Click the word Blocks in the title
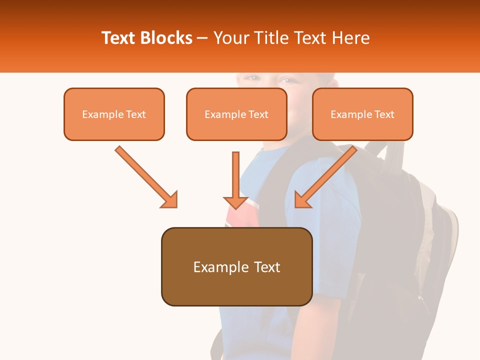point(166,38)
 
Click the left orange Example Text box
point(114,114)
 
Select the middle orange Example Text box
point(236,114)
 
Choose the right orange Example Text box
point(362,114)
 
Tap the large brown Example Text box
point(236,266)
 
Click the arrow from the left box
point(145,175)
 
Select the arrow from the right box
point(327,175)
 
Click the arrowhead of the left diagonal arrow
point(169,199)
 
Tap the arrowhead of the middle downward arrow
point(236,201)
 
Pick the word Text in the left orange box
point(135,114)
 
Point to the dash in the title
point(202,38)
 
